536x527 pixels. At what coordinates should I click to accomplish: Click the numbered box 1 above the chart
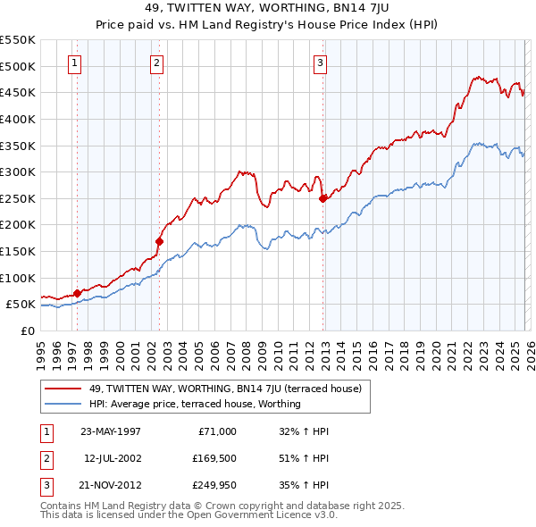[x=74, y=63]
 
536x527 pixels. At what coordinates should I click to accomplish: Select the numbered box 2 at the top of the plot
[x=156, y=63]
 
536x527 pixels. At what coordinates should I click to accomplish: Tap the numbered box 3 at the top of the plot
[x=320, y=63]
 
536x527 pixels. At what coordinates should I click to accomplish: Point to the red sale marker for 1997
[x=78, y=292]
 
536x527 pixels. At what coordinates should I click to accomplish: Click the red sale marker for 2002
[x=160, y=240]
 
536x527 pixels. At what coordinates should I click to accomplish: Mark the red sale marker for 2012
[x=323, y=198]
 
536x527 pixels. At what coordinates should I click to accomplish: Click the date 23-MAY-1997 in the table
[x=111, y=431]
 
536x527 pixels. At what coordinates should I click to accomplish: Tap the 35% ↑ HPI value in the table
[x=305, y=485]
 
